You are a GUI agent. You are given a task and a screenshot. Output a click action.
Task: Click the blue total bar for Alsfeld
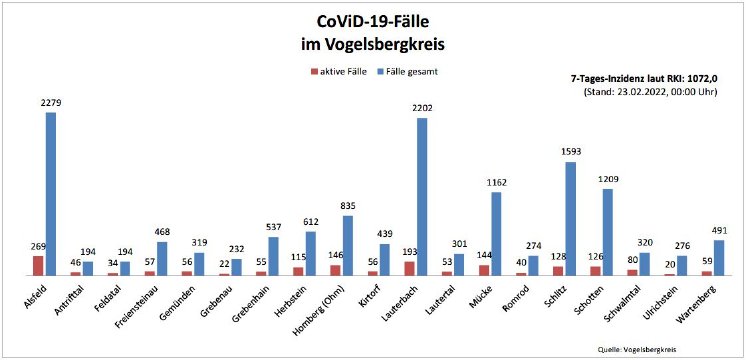[x=50, y=194]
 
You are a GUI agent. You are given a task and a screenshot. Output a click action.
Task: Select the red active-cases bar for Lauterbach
[x=409, y=268]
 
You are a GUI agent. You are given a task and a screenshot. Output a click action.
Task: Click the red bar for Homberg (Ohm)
[x=336, y=270]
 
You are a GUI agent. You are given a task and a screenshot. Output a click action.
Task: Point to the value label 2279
[x=50, y=103]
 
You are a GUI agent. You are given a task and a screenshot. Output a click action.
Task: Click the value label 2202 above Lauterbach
[x=422, y=108]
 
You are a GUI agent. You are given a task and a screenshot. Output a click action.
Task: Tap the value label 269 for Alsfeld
[x=37, y=246]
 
